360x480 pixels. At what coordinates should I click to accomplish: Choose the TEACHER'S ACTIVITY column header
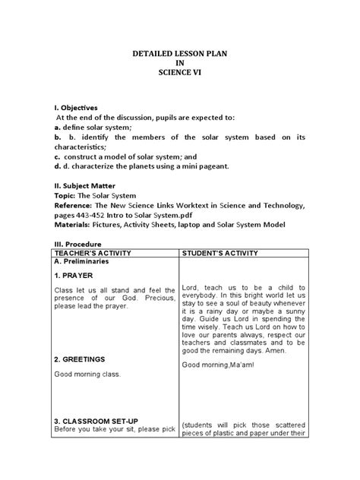point(90,253)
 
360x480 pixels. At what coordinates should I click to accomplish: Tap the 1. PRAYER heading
point(74,276)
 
